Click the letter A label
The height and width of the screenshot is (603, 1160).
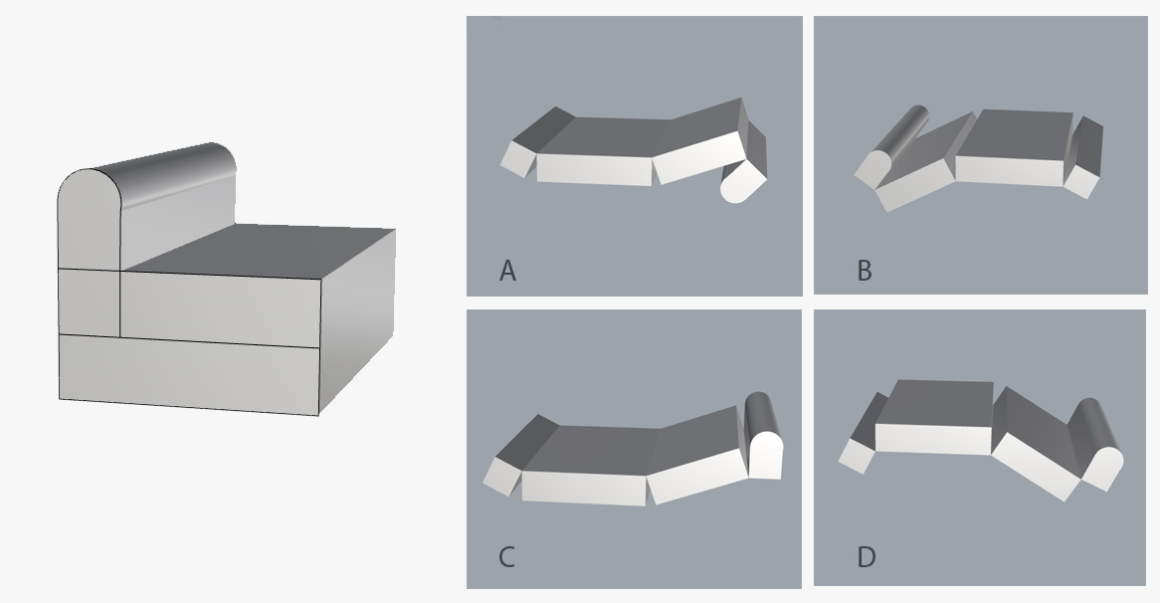point(507,271)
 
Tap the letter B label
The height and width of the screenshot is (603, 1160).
point(865,271)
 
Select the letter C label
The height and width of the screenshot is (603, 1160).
point(506,556)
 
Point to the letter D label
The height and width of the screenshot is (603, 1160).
point(867,556)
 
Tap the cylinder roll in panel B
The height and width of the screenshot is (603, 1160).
point(891,146)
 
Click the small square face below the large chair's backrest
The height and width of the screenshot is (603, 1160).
point(90,302)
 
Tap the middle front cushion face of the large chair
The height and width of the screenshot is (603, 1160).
point(221,308)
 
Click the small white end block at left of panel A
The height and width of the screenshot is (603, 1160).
point(518,159)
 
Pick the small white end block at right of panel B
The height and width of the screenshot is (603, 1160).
point(1081,181)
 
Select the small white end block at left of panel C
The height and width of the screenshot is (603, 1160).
point(502,477)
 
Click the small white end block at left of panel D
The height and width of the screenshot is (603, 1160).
point(857,456)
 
